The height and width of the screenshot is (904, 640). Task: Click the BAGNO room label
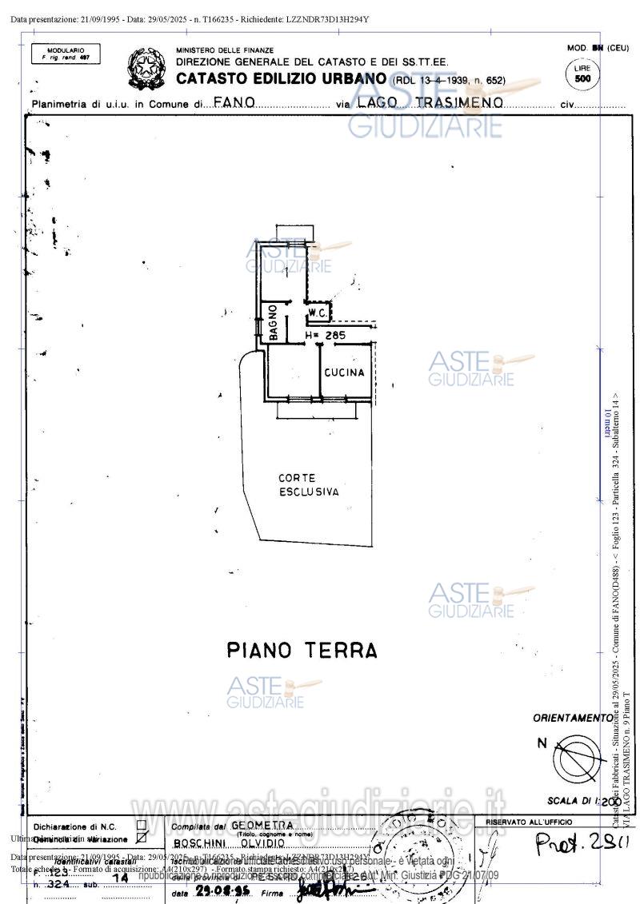pyautogui.click(x=273, y=323)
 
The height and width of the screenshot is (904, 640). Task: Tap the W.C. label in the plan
pyautogui.click(x=316, y=312)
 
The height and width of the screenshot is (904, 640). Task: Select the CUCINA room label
pyautogui.click(x=345, y=372)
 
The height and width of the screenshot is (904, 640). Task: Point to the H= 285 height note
pyautogui.click(x=326, y=336)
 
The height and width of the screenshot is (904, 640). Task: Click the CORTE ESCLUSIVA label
pyautogui.click(x=308, y=485)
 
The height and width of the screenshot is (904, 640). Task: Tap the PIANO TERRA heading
pyautogui.click(x=302, y=650)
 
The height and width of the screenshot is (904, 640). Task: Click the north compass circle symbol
pyautogui.click(x=580, y=757)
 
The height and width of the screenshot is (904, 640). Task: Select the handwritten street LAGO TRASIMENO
pyautogui.click(x=430, y=103)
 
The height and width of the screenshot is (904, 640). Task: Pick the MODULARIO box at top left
pyautogui.click(x=66, y=54)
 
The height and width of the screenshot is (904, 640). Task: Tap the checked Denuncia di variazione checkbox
pyautogui.click(x=142, y=838)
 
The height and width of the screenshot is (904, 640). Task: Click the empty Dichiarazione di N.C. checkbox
pyautogui.click(x=142, y=825)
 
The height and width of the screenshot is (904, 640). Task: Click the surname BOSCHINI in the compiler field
pyautogui.click(x=200, y=843)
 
